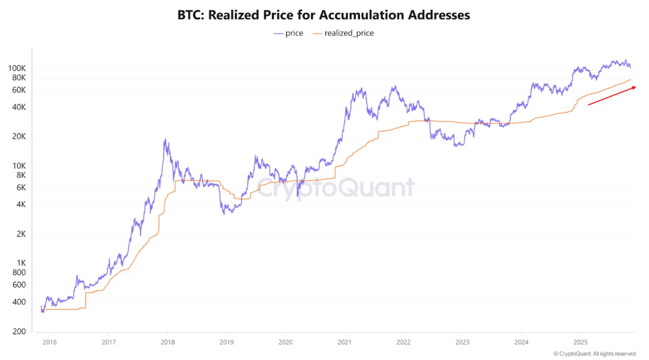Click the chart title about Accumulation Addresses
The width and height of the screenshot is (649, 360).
point(324,15)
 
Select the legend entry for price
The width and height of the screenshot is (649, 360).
point(288,33)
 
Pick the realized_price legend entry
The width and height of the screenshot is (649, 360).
point(343,33)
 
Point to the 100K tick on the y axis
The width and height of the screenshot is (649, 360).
point(17,68)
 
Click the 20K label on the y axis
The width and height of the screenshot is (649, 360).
point(19,136)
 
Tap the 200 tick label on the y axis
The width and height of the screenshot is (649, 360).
point(19,331)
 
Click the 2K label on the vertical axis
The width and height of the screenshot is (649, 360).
point(21,234)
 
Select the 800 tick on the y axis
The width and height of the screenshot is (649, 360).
point(19,272)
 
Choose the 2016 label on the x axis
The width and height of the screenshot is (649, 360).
point(50,342)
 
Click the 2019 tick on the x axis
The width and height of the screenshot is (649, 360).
point(226,342)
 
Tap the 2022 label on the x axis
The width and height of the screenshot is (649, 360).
point(403,342)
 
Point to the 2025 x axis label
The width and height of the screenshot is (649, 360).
point(580,342)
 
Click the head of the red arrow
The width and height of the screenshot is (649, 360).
point(634,87)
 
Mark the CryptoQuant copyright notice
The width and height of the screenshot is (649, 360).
point(594,353)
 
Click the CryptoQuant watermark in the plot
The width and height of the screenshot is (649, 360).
point(336,187)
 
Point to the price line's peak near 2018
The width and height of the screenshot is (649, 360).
point(165,140)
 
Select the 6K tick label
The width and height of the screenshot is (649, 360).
point(21,187)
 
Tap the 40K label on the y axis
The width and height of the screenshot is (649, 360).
point(19,107)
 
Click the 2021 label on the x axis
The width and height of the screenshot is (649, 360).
point(344,342)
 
